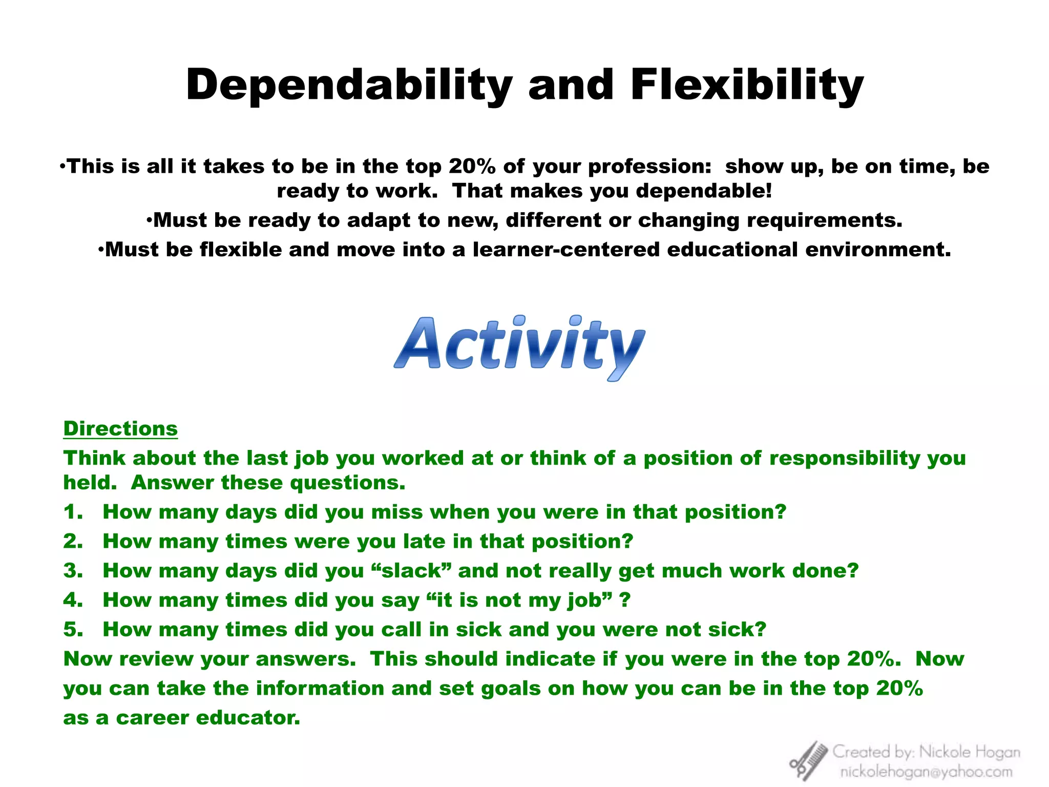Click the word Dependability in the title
(349, 85)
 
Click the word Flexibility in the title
(747, 85)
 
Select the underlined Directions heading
(120, 429)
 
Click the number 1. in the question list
(73, 512)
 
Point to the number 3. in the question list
(73, 571)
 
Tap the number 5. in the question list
(73, 630)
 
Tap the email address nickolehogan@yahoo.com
(926, 772)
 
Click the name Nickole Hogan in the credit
(970, 752)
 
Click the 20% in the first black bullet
(472, 167)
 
